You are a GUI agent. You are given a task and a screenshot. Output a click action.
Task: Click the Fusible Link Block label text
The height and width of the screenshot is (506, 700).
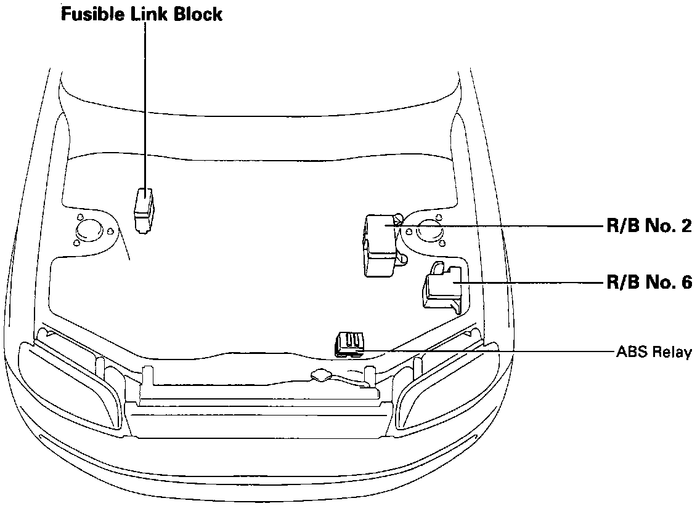[x=141, y=14]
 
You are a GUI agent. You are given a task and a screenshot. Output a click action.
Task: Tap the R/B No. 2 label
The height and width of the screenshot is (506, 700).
[x=648, y=226]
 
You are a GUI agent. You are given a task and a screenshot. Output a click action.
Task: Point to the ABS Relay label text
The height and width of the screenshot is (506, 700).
[x=654, y=353]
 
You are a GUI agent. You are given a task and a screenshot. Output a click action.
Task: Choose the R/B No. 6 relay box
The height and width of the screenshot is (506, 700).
[x=442, y=286]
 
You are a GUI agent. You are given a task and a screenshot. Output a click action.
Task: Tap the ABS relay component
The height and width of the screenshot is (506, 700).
[x=349, y=343]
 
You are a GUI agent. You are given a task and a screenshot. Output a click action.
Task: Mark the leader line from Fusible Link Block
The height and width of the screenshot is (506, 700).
[x=145, y=105]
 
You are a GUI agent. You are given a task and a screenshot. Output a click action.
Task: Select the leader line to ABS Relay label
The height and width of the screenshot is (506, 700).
[x=493, y=351]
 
